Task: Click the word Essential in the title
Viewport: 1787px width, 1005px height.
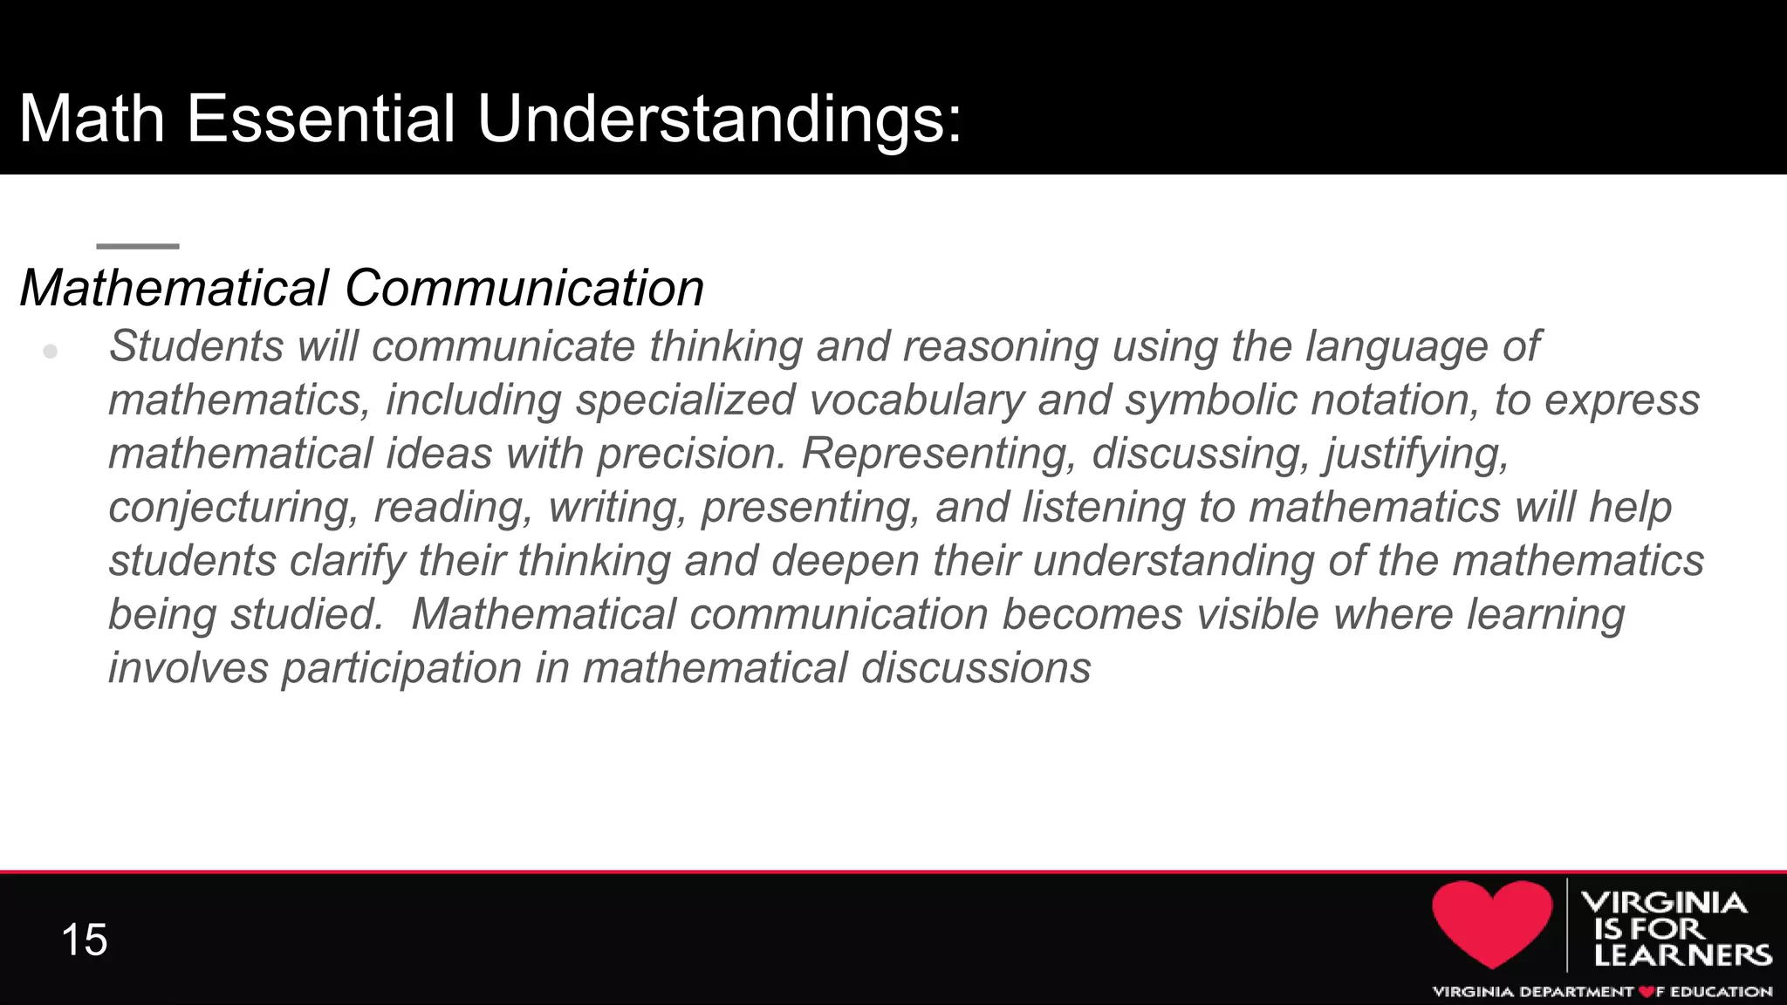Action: (x=320, y=119)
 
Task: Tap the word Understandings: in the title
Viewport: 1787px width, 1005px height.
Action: (x=719, y=120)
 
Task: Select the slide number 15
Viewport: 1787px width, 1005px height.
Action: (x=85, y=940)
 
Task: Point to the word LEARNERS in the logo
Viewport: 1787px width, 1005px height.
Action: (x=1682, y=955)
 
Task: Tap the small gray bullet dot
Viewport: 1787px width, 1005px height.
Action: (x=51, y=351)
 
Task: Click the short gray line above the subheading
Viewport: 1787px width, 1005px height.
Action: (x=138, y=246)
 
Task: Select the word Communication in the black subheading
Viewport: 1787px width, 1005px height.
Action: (x=524, y=288)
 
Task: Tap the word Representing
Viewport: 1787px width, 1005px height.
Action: (x=938, y=454)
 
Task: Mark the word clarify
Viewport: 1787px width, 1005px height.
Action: (x=347, y=561)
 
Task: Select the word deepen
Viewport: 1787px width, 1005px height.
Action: (x=845, y=561)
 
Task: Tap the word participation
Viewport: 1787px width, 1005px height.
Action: (x=401, y=668)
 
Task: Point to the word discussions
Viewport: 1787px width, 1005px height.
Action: (x=976, y=668)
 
